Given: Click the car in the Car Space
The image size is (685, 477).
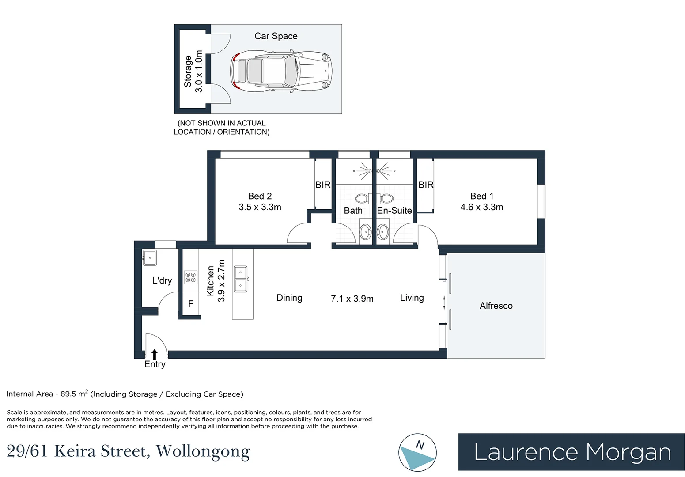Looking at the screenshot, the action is click(281, 71).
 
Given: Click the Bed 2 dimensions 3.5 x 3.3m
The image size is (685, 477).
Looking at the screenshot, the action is click(260, 207).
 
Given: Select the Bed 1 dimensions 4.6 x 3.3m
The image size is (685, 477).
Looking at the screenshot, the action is click(482, 207).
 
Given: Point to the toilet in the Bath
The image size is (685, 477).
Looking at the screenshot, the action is click(363, 198).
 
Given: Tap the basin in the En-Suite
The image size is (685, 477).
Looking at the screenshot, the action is click(382, 232).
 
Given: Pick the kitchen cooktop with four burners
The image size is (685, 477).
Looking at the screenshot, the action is click(190, 278).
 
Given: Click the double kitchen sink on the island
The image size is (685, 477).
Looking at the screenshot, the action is click(241, 279).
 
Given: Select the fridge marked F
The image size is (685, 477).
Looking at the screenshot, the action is click(190, 303).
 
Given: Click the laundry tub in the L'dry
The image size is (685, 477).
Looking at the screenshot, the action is click(150, 258).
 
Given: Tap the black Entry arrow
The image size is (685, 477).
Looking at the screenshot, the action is click(155, 354).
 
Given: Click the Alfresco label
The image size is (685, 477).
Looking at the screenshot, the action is click(496, 306).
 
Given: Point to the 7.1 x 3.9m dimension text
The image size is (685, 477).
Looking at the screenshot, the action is click(352, 299).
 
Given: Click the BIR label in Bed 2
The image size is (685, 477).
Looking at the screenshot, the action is click(323, 185).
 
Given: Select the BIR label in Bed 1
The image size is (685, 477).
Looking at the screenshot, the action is click(426, 185).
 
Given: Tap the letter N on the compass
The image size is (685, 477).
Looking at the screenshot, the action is click(420, 445).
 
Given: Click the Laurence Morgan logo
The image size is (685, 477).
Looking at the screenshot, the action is click(571, 452).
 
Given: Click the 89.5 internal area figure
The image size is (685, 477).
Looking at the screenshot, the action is click(68, 394).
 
